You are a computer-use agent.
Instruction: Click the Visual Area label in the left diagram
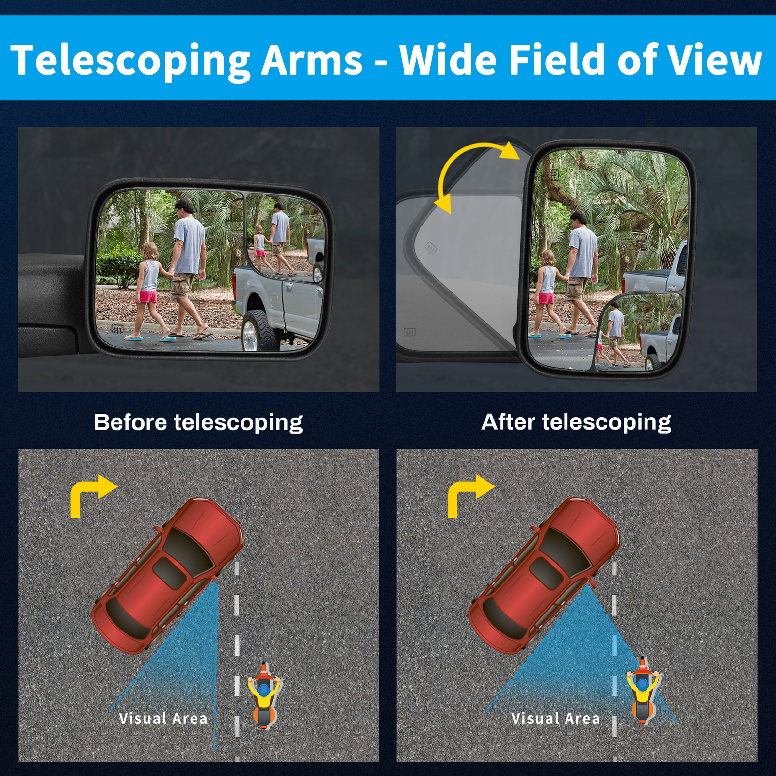(163, 718)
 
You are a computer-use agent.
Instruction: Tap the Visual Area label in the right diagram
(555, 718)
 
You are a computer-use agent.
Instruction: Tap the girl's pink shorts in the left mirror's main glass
(148, 296)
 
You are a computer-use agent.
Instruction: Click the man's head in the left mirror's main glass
(184, 208)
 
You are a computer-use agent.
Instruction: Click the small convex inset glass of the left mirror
(286, 235)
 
